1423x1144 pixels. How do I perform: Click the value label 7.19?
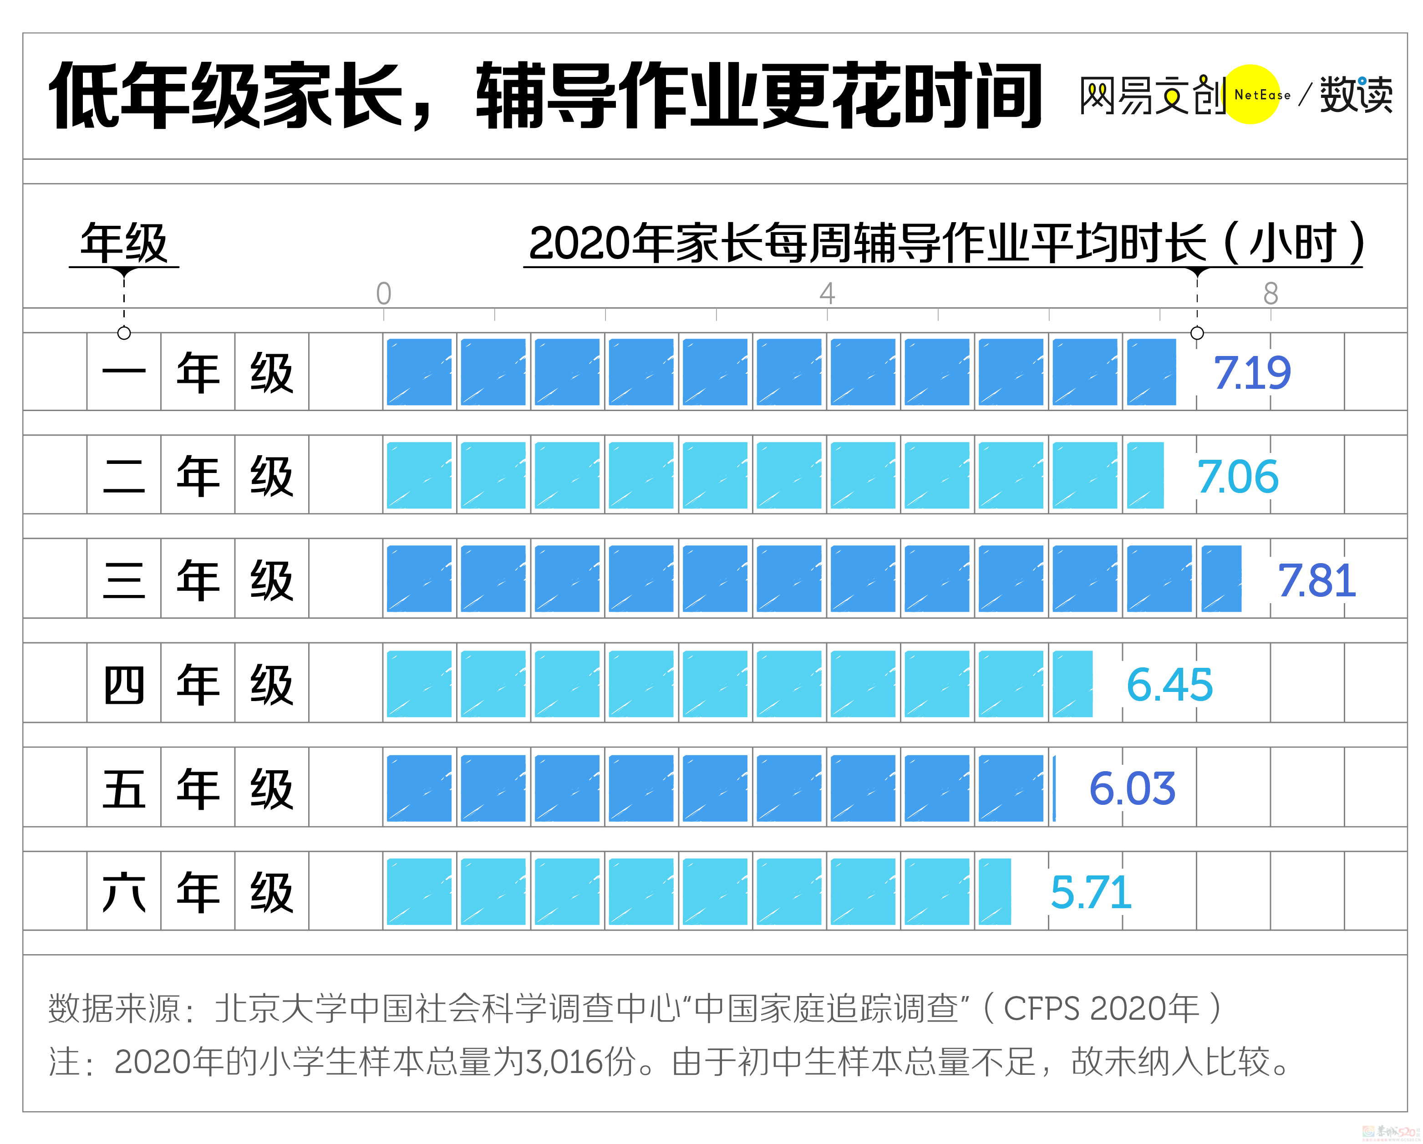pos(1251,373)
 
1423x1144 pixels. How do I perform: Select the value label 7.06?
pos(1238,477)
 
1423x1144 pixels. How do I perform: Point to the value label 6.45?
pos(1169,685)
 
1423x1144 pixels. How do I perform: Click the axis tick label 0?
pos(383,293)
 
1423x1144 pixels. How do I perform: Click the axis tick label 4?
pos(827,293)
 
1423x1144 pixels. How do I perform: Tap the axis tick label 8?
pos(1271,293)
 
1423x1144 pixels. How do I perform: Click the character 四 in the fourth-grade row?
pos(124,685)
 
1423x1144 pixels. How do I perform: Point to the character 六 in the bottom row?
pos(124,893)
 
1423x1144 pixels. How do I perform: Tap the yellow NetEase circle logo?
pos(1251,94)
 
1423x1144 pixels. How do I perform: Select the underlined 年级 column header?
pos(124,244)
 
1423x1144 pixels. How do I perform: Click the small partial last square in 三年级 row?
pos(1221,579)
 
